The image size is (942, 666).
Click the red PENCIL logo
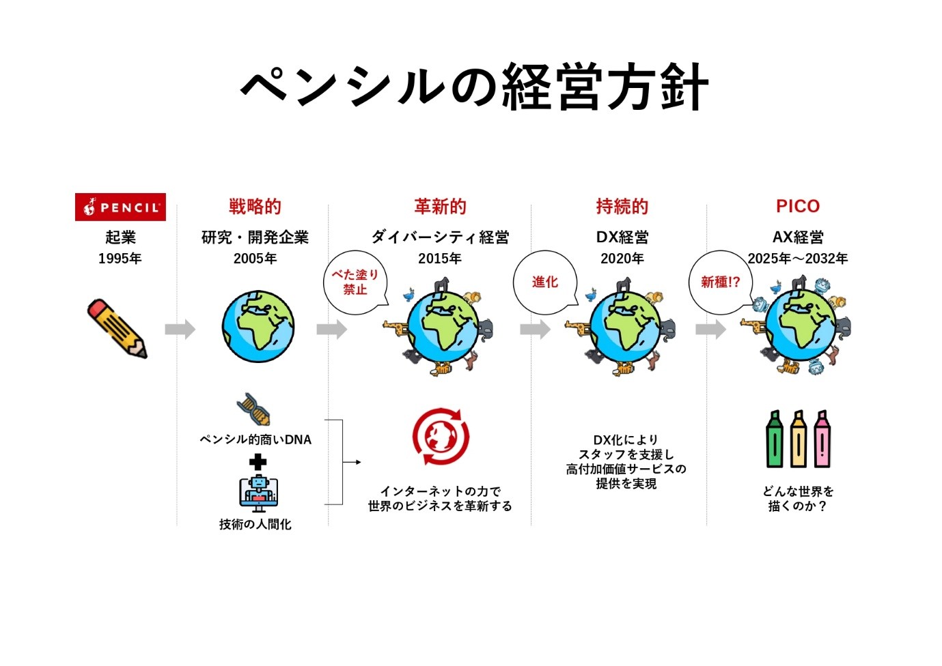click(x=120, y=207)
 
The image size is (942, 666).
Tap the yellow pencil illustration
click(x=117, y=328)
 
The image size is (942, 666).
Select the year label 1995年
click(x=120, y=259)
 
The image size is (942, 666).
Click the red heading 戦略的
click(x=255, y=206)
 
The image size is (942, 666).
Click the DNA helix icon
click(x=253, y=409)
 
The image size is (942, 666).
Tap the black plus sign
click(x=258, y=462)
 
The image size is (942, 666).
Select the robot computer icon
click(x=258, y=494)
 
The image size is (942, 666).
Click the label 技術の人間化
click(x=255, y=524)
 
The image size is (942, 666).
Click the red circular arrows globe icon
click(x=441, y=437)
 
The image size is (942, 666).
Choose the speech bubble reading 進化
click(x=545, y=282)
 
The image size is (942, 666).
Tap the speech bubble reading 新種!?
click(x=720, y=282)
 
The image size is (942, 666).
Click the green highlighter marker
click(x=774, y=439)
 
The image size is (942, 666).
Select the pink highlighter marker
click(x=822, y=439)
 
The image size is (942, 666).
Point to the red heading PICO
click(x=797, y=206)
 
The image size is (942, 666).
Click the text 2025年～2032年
click(x=797, y=259)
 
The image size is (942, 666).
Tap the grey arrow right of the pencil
click(x=180, y=329)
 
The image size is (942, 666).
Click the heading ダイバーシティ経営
click(x=440, y=237)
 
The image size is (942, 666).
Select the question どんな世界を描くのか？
click(x=797, y=499)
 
